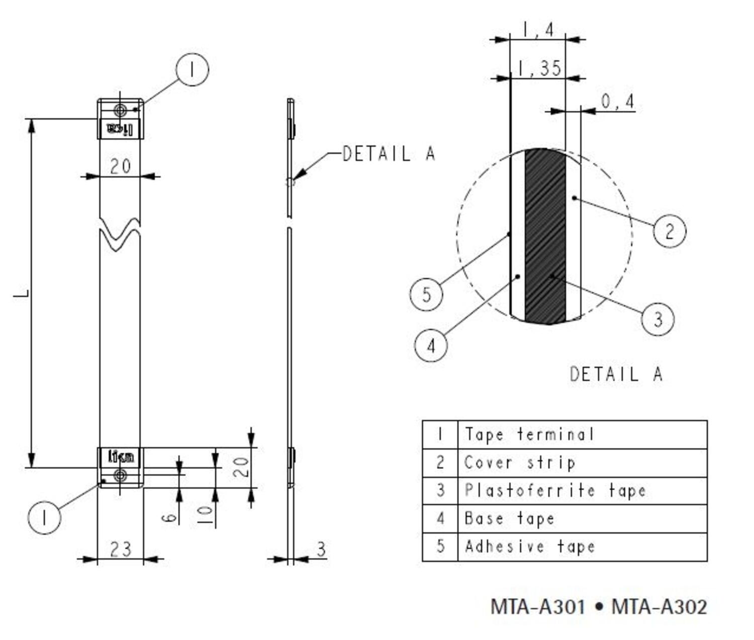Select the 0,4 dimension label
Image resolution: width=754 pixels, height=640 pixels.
(618, 102)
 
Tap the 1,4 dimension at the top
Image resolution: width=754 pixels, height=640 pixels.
(538, 30)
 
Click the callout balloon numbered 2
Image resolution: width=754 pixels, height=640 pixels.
(670, 231)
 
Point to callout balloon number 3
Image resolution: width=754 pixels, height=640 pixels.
(657, 318)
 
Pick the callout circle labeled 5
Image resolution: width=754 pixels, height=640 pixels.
(426, 294)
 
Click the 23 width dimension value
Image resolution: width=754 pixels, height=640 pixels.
(120, 549)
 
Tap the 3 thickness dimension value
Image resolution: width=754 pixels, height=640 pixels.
(321, 549)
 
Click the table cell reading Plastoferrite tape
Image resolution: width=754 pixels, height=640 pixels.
(555, 490)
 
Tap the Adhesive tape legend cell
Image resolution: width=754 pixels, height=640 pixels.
(530, 546)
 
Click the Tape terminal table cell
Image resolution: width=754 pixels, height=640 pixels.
(529, 434)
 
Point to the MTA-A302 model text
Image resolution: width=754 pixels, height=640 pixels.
(659, 607)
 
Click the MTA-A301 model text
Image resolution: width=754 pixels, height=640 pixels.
(538, 607)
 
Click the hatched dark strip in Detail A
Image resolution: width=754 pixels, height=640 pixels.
(545, 236)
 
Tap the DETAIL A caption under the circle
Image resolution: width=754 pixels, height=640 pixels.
(616, 374)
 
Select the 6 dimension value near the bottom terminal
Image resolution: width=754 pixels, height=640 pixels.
(170, 517)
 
